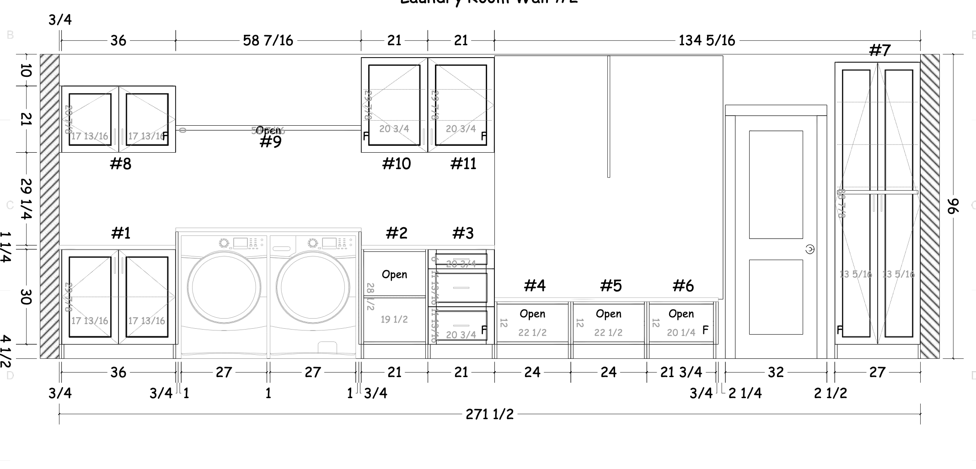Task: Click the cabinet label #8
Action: coord(121,164)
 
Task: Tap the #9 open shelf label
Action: coord(270,142)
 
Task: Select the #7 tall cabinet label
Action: coord(879,50)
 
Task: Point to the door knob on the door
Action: coord(810,249)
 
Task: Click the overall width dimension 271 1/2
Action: coord(489,414)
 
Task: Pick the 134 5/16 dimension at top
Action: coord(707,41)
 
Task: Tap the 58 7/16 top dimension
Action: coord(268,41)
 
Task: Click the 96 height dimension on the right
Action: coord(953,206)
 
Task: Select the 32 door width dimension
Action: coord(776,372)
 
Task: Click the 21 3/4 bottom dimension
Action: coord(681,372)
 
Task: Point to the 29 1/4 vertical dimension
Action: coord(26,198)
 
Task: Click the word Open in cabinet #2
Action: coord(394,274)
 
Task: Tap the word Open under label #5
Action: coord(608,314)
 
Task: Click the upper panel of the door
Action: coord(776,184)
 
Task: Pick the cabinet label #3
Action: coord(463,233)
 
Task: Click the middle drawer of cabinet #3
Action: coord(461,288)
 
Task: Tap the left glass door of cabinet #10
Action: coord(394,105)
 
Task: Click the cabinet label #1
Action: coord(121,233)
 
